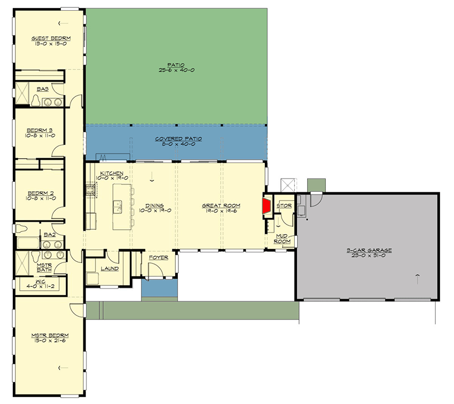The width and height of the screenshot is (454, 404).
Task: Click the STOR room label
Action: (x=284, y=205)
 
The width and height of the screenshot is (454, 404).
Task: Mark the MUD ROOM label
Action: (x=283, y=238)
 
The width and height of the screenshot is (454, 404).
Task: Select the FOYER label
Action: (x=159, y=258)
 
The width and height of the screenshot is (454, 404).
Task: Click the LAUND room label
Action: (x=109, y=268)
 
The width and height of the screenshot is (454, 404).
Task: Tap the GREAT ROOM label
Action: (x=221, y=205)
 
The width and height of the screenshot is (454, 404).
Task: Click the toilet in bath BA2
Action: (x=22, y=229)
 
